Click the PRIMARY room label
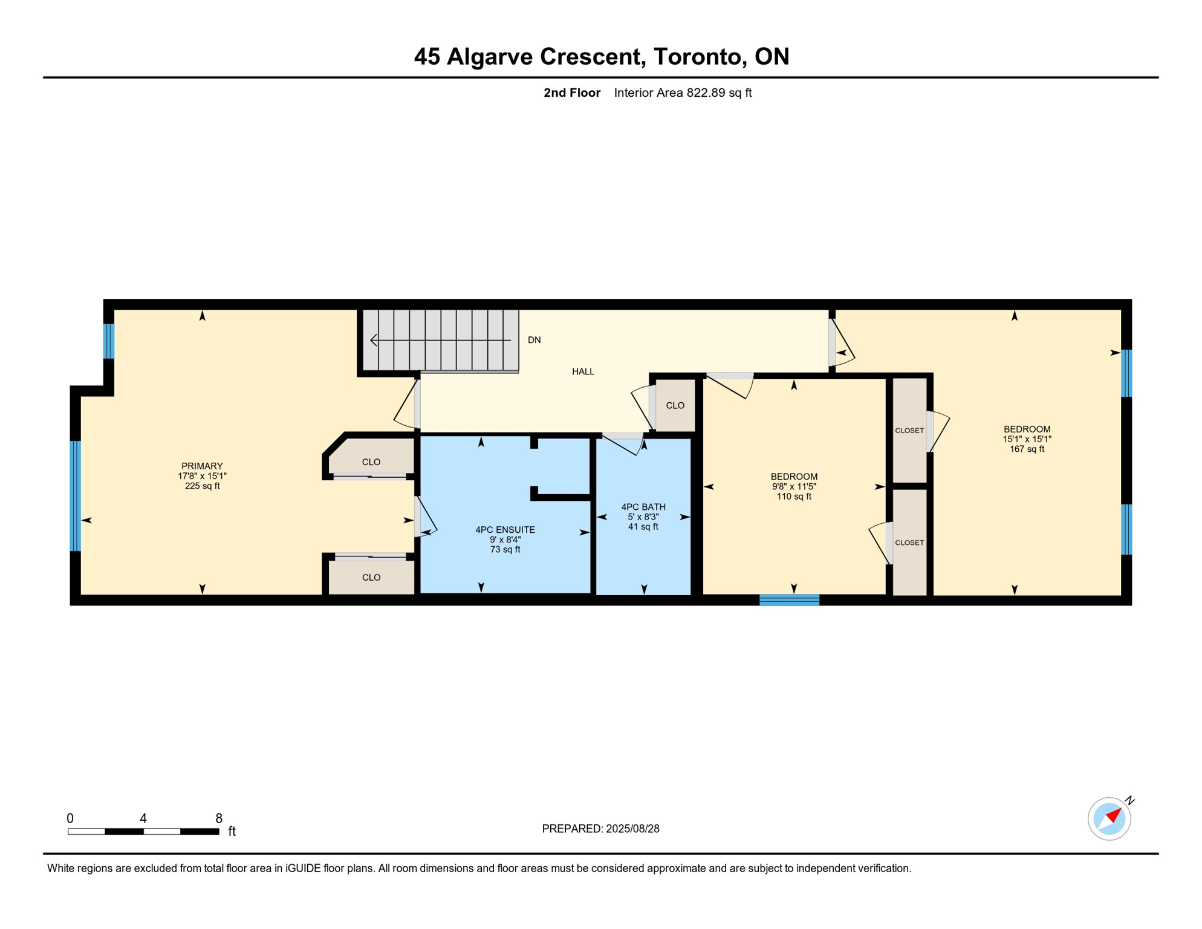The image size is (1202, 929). tap(202, 466)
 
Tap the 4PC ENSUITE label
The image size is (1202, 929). tap(505, 530)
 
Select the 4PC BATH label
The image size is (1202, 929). tap(643, 507)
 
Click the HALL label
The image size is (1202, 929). tap(583, 371)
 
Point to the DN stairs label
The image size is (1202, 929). tap(534, 340)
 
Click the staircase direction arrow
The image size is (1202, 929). tap(441, 340)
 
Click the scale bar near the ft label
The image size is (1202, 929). tap(143, 832)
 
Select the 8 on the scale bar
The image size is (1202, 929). tap(219, 818)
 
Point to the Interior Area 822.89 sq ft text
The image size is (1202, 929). tap(683, 93)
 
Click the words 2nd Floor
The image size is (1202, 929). tap(572, 93)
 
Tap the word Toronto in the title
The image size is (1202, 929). tap(697, 56)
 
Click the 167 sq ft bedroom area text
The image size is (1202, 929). tap(1027, 449)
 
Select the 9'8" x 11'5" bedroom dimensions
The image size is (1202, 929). tap(794, 486)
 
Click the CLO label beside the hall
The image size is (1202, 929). tap(675, 405)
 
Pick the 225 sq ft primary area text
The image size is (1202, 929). tap(202, 486)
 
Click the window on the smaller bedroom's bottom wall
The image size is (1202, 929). tap(789, 600)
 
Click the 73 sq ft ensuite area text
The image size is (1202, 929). tap(505, 549)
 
